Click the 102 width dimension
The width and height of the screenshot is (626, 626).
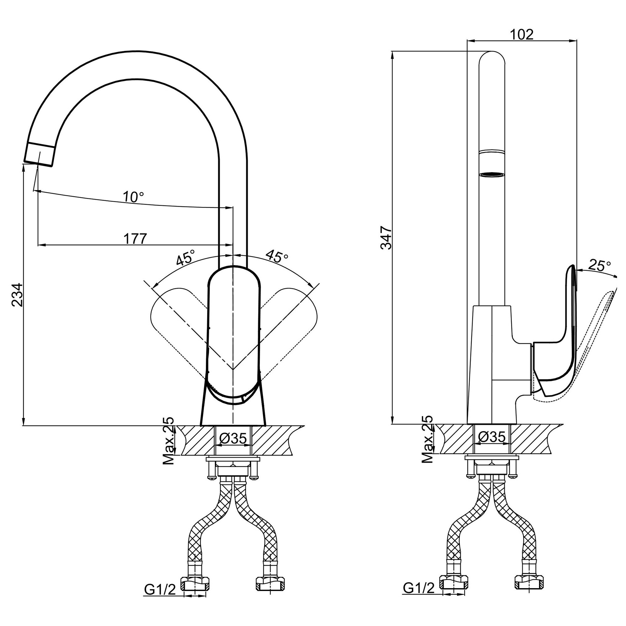click(x=521, y=34)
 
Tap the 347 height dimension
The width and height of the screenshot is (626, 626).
click(x=387, y=238)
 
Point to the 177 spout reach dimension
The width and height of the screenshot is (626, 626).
click(x=135, y=239)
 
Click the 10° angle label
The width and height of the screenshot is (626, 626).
click(x=133, y=197)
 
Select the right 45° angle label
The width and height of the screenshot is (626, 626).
click(x=277, y=256)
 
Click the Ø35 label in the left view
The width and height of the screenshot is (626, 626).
click(x=233, y=439)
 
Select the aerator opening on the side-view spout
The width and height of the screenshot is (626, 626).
click(x=492, y=175)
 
